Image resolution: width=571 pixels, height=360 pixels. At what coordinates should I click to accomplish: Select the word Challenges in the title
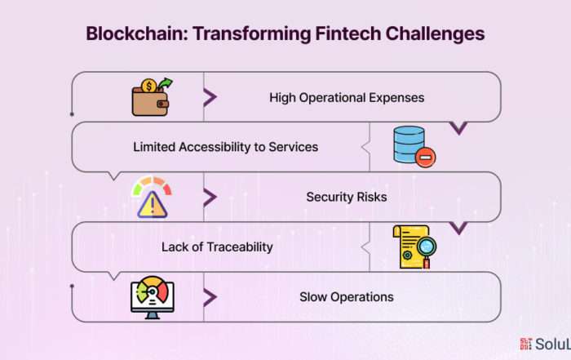point(435,34)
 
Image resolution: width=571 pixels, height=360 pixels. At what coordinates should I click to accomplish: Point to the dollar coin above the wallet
point(148,87)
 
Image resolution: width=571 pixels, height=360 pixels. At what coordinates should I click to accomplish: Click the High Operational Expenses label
point(347,98)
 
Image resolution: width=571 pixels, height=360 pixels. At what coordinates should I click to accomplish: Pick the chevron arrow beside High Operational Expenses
point(210,97)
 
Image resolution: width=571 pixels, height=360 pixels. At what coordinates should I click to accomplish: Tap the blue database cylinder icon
point(409,144)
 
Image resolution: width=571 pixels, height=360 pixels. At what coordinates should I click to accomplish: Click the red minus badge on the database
point(425,158)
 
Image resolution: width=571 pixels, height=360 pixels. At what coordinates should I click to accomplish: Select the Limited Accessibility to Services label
point(225,147)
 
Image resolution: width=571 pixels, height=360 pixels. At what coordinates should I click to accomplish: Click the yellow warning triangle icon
point(153,205)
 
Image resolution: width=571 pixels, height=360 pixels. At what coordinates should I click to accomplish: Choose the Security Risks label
point(347,197)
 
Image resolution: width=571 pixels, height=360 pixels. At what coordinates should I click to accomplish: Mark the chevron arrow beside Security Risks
point(210,197)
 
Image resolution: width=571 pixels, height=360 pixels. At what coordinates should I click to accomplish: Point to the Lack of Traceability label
point(217,247)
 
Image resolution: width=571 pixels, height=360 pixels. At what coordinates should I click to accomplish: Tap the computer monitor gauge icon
point(153,297)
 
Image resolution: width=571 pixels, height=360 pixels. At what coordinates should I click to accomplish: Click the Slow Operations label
point(347,297)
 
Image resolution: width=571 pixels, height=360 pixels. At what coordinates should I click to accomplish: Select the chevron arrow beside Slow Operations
point(210,297)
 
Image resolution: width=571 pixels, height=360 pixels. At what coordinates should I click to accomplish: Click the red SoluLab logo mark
point(525,344)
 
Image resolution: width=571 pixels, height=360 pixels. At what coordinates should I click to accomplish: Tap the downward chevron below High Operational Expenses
point(458,128)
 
